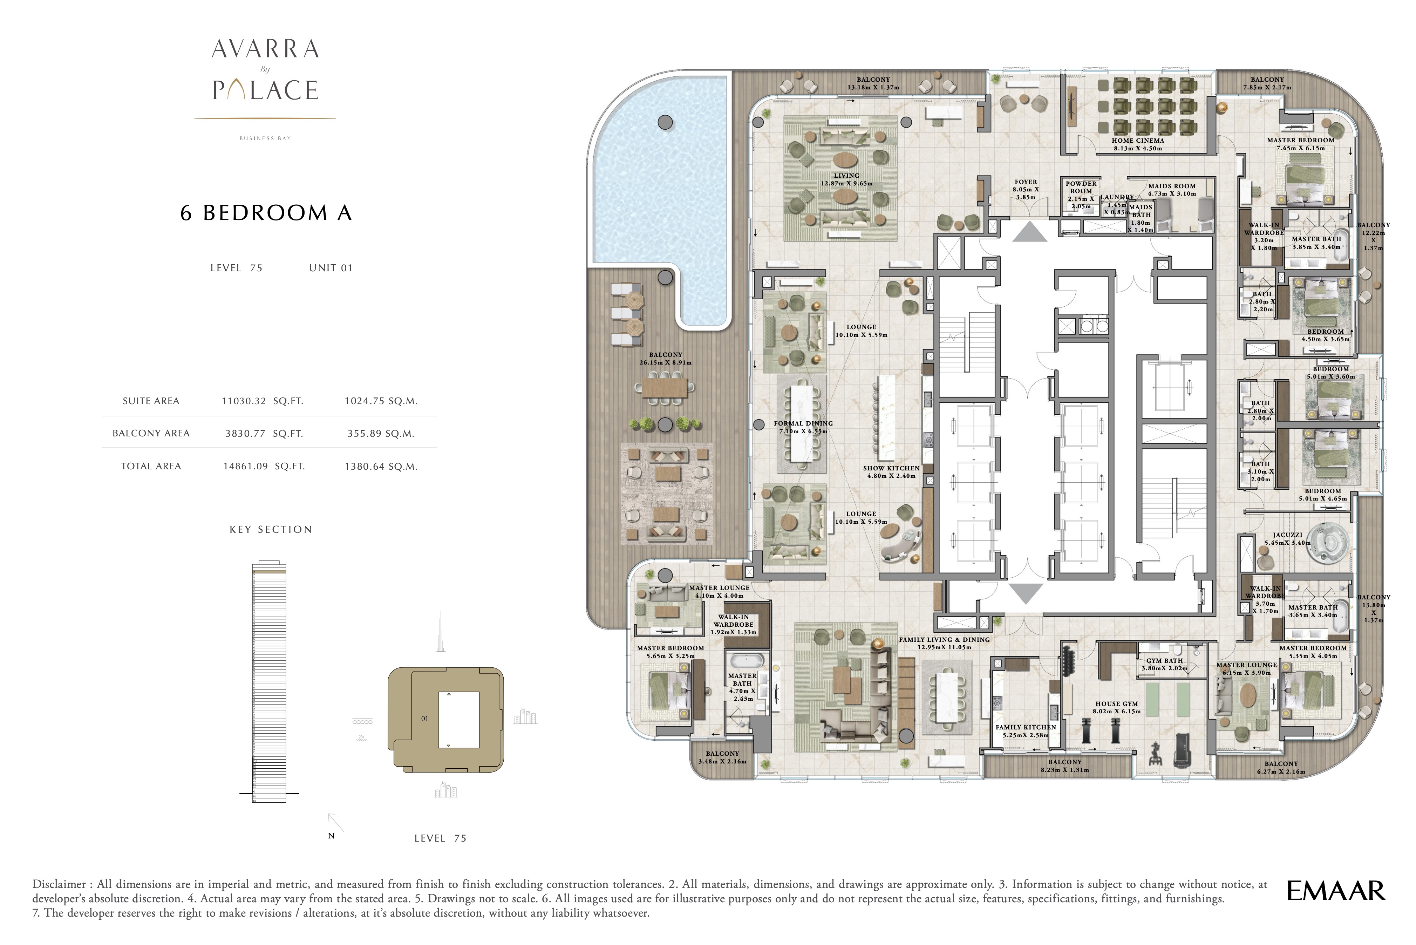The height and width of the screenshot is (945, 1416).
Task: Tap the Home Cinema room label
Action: click(x=1138, y=141)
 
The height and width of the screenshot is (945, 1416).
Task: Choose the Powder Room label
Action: click(x=1081, y=188)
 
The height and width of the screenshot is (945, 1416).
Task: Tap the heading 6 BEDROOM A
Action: click(x=266, y=213)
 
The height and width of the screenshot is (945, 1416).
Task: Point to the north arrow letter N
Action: click(x=331, y=836)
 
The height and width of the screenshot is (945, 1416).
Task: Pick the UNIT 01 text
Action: click(x=331, y=268)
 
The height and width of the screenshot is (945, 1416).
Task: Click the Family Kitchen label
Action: click(x=1026, y=727)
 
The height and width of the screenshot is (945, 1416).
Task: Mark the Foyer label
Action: click(x=1026, y=182)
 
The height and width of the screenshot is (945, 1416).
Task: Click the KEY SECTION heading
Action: click(x=271, y=530)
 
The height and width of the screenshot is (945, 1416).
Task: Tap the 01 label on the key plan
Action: click(x=425, y=719)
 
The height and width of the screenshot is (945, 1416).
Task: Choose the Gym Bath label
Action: click(x=1165, y=660)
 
